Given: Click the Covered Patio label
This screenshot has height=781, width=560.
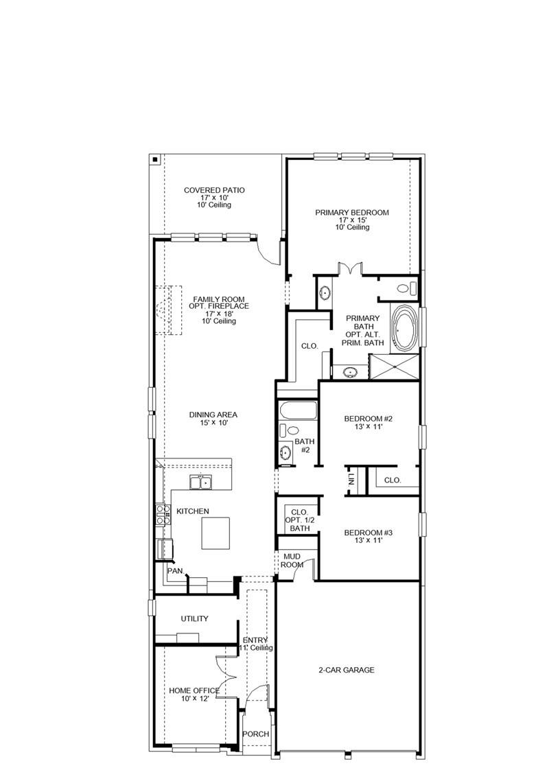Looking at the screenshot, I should click(214, 197).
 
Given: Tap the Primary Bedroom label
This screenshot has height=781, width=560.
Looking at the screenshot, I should click(352, 220).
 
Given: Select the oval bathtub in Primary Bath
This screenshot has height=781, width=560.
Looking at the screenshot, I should click(404, 327).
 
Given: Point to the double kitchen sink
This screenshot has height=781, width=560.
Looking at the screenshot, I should click(201, 482).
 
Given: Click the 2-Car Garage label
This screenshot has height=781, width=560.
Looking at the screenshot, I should click(346, 670).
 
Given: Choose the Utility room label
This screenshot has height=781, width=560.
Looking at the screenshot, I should click(194, 618).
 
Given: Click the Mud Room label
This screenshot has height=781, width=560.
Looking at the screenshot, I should click(292, 560).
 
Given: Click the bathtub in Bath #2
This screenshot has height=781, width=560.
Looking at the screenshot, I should click(296, 412).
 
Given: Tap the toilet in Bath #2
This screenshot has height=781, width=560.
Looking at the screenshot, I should click(292, 430).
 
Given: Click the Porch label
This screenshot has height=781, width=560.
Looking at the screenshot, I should click(256, 734).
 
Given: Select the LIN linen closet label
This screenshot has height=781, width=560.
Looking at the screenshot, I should click(351, 479).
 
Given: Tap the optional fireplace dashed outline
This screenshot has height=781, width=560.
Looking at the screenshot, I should click(167, 310).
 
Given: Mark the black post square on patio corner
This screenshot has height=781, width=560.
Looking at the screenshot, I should click(155, 160).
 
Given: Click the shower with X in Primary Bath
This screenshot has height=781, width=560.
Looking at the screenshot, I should click(393, 366).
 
